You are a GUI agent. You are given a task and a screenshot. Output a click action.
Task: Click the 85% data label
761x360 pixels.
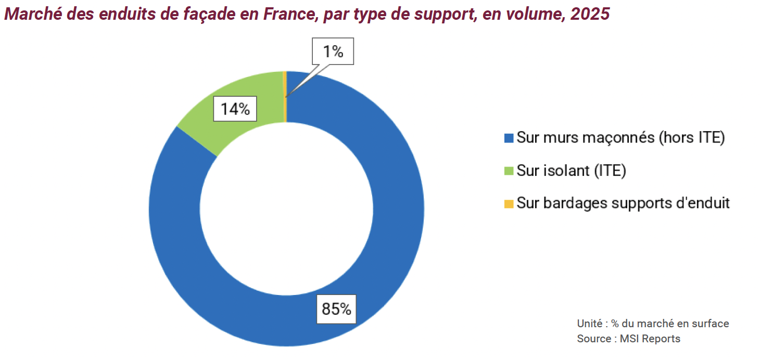(x=336, y=309)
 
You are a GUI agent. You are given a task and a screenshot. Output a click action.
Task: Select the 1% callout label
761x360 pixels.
(x=333, y=52)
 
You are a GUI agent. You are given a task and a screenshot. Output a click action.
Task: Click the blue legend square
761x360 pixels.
(x=509, y=138)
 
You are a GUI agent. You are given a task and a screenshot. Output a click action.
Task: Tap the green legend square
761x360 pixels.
(x=509, y=171)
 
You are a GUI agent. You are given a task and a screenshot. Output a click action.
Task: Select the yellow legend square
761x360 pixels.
(x=509, y=203)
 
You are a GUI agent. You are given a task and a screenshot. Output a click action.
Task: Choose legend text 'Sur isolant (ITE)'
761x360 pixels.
(x=571, y=171)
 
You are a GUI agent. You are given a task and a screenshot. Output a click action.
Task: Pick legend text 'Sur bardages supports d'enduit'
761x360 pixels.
(x=623, y=203)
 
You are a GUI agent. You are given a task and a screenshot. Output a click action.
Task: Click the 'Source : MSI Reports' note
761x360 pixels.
(x=628, y=339)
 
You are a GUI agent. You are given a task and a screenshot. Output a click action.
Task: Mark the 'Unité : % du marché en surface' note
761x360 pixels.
(x=653, y=324)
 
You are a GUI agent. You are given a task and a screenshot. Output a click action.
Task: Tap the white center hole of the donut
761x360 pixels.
(x=286, y=208)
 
